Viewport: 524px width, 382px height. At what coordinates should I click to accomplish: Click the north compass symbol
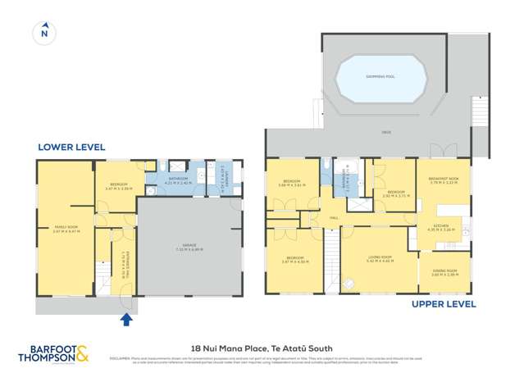[x=44, y=34]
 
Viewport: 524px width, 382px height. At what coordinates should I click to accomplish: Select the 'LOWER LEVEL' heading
[x=71, y=148]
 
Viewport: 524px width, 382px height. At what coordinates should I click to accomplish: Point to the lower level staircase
[x=103, y=275]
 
